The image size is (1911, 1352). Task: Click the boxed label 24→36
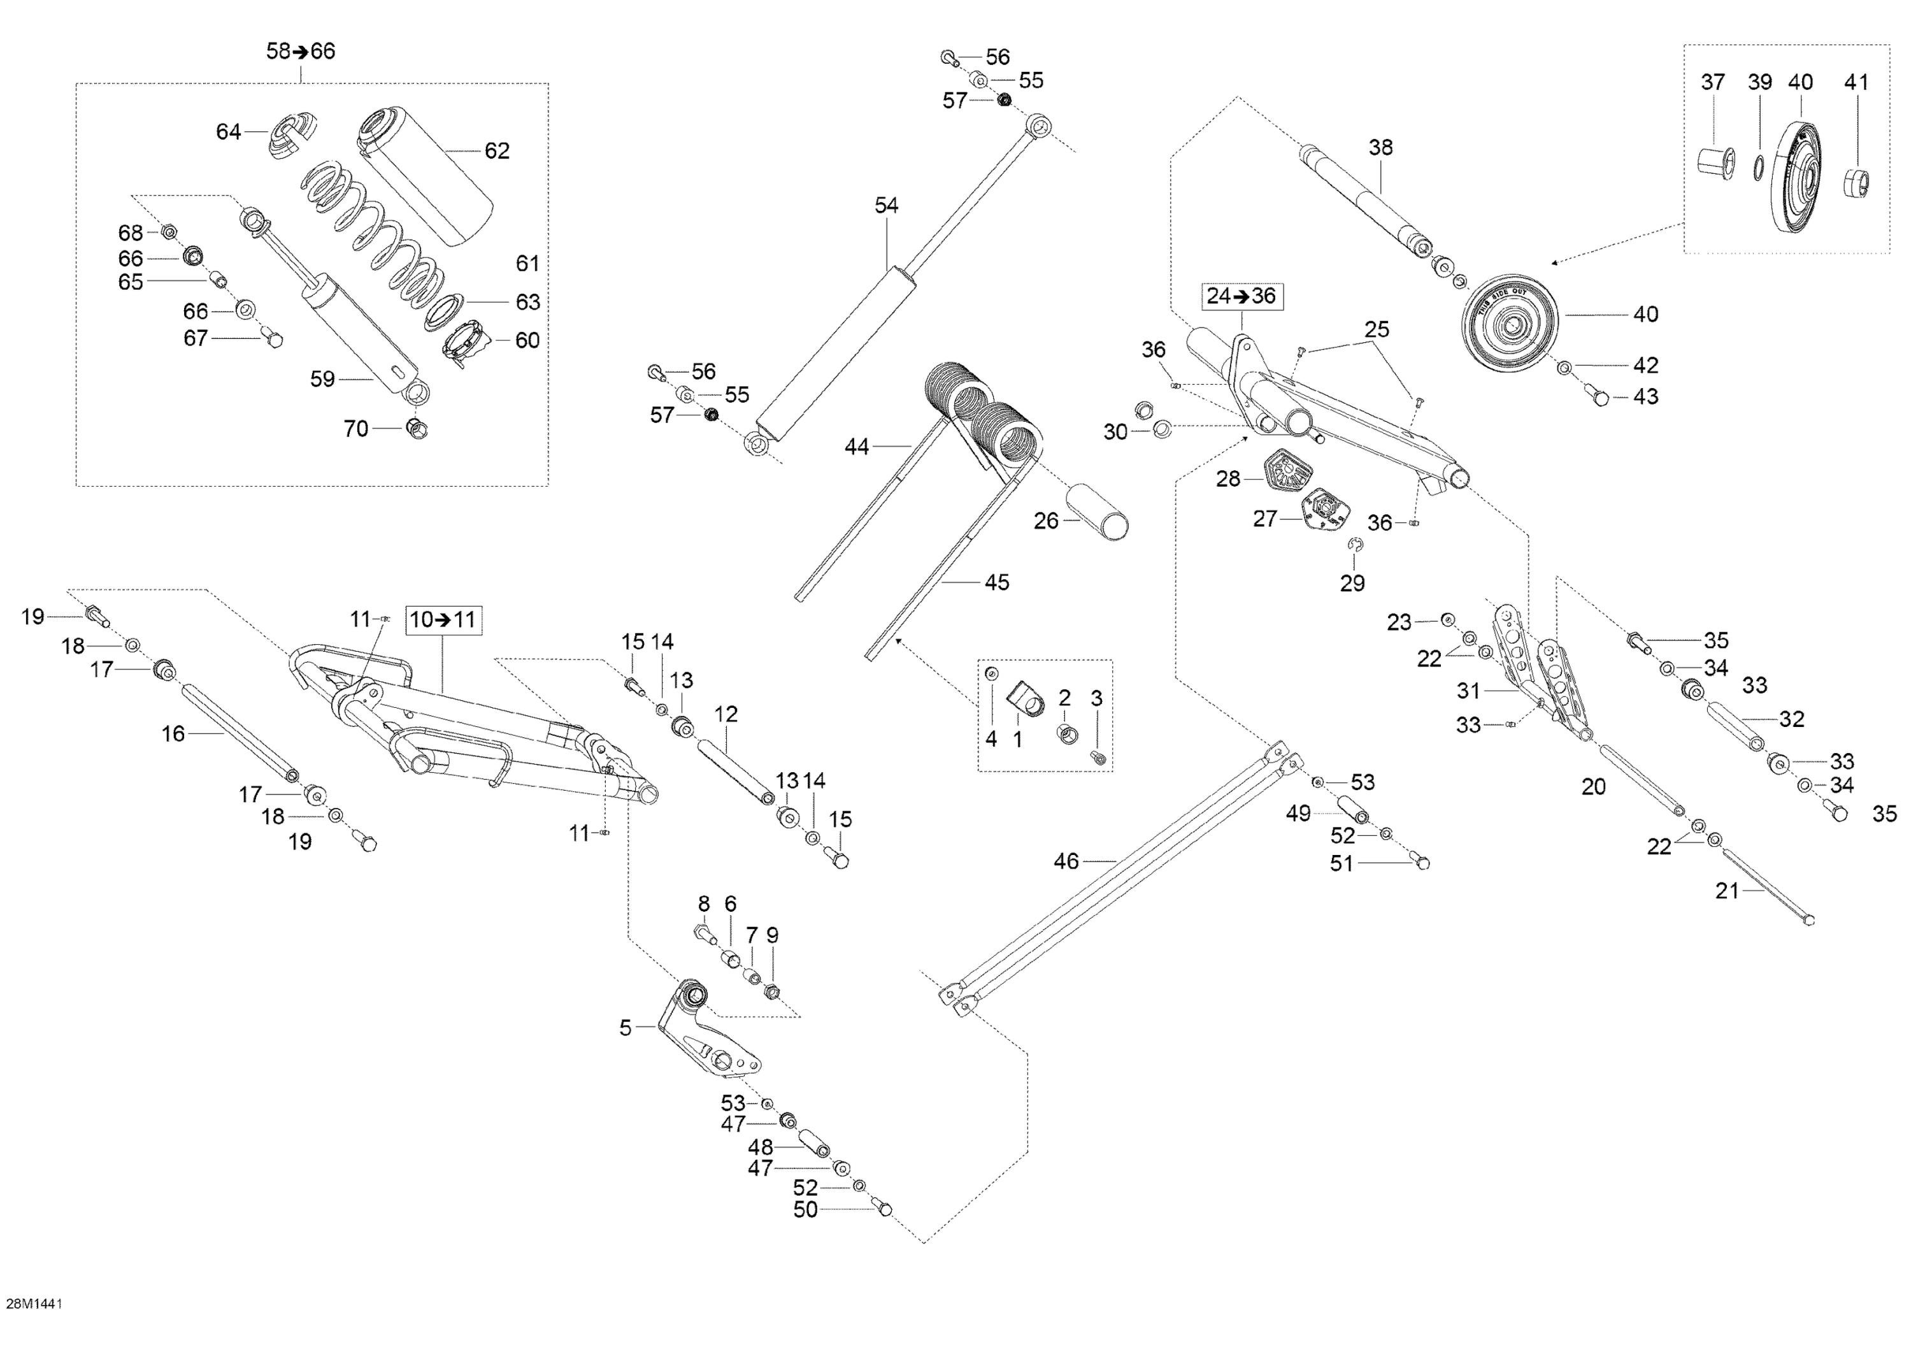point(1241,296)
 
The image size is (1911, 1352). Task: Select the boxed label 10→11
point(443,619)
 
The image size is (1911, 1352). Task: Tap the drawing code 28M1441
point(34,1304)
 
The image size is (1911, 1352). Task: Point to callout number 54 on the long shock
point(887,206)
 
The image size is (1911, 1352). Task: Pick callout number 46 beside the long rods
point(1066,861)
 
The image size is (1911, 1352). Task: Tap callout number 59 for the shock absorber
point(322,380)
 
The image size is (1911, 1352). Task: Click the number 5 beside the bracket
point(625,1028)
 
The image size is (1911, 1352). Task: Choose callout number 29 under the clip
point(1352,584)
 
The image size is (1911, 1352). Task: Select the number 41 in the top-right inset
point(1857,82)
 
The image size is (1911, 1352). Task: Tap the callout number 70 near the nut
point(355,429)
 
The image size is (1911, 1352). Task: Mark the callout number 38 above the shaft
point(1380,147)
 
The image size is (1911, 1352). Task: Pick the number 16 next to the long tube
point(173,733)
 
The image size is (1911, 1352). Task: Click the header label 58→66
point(301,52)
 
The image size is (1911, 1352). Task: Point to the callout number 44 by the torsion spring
point(857,447)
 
